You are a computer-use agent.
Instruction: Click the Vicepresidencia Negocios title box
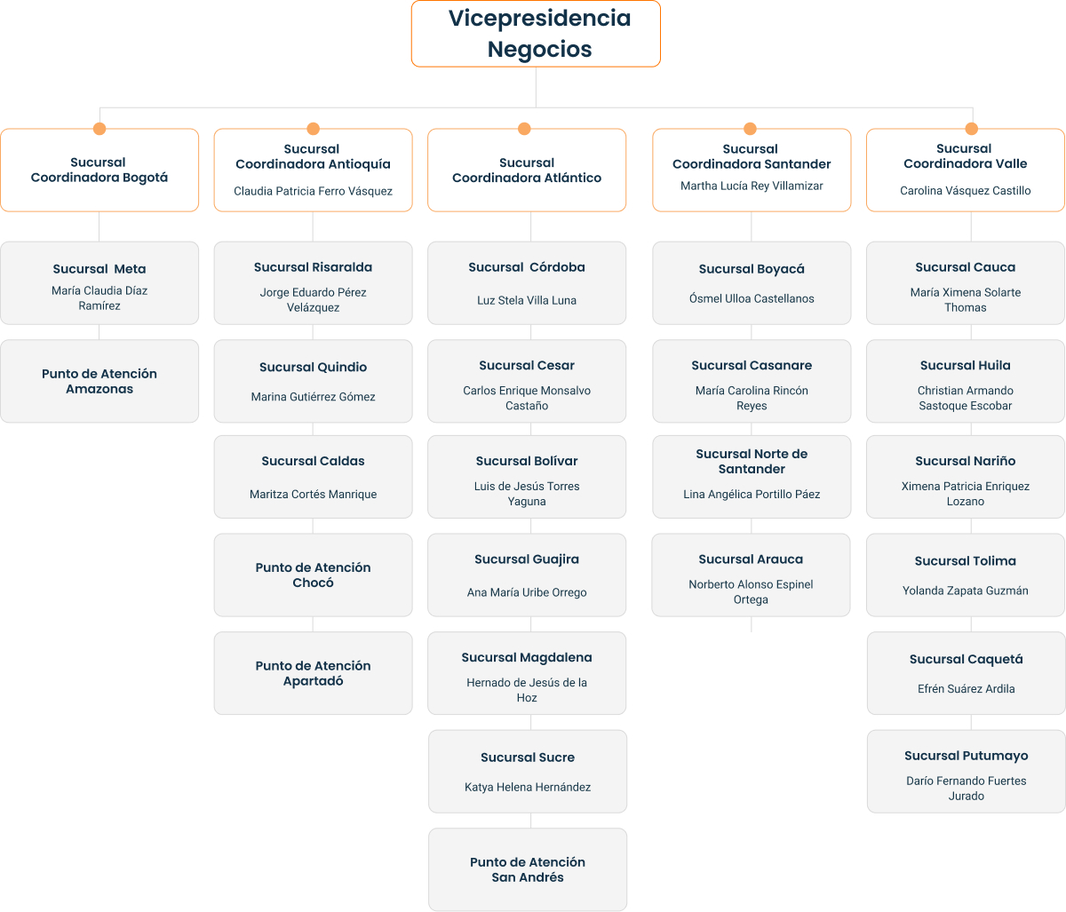pyautogui.click(x=536, y=34)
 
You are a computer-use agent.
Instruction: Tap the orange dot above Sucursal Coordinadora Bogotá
pyautogui.click(x=99, y=129)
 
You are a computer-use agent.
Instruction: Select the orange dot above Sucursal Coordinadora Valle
pyautogui.click(x=972, y=129)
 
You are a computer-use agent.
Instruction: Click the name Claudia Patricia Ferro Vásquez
pyautogui.click(x=313, y=191)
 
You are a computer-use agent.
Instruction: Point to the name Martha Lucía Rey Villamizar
pyautogui.click(x=752, y=186)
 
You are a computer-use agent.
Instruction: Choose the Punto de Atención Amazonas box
pyautogui.click(x=99, y=381)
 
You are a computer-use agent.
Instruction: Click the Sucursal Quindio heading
pyautogui.click(x=313, y=367)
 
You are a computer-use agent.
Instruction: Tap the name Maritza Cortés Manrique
pyautogui.click(x=313, y=494)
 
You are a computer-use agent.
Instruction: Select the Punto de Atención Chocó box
pyautogui.click(x=313, y=575)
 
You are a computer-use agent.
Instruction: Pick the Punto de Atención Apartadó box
pyautogui.click(x=313, y=673)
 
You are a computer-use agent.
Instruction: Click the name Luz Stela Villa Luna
pyautogui.click(x=527, y=300)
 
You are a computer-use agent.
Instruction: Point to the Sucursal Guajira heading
pyautogui.click(x=527, y=559)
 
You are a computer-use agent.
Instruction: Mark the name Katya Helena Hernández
pyautogui.click(x=528, y=787)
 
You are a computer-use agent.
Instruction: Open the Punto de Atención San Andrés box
pyautogui.click(x=528, y=869)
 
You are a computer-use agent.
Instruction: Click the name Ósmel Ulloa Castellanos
pyautogui.click(x=752, y=298)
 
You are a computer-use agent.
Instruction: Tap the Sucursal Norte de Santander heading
pyautogui.click(x=752, y=462)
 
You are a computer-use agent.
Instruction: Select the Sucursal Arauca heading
pyautogui.click(x=751, y=559)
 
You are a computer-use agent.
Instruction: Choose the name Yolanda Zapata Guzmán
pyautogui.click(x=966, y=591)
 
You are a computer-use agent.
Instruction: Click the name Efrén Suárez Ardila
pyautogui.click(x=966, y=689)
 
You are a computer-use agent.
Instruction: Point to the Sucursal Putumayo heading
pyautogui.click(x=966, y=756)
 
